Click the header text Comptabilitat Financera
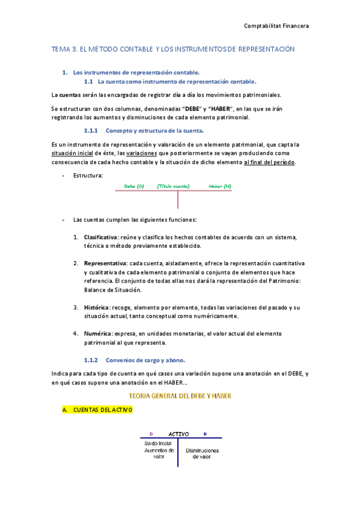coord(276,25)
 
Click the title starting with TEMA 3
coord(173,49)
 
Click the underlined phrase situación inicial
coord(74,153)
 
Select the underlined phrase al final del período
coord(269,162)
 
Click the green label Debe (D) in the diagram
coord(134,186)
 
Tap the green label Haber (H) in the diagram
coord(220,186)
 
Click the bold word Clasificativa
coord(100,237)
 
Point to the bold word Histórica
coord(97,307)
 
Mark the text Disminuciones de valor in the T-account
coord(202,453)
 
